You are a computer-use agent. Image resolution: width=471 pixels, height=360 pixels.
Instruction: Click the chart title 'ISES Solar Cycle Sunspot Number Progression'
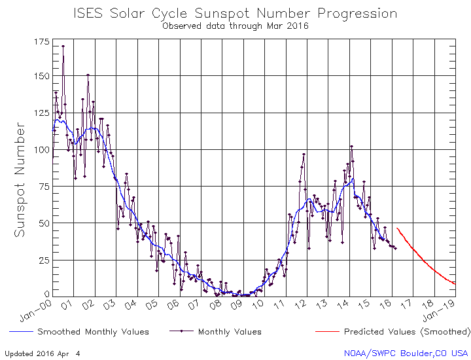(x=235, y=13)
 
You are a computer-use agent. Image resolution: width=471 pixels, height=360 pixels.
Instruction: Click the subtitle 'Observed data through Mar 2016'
(x=235, y=26)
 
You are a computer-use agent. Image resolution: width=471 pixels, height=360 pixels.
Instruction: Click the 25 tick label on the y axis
(x=43, y=260)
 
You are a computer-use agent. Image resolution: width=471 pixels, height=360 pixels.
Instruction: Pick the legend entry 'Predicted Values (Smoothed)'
(x=406, y=332)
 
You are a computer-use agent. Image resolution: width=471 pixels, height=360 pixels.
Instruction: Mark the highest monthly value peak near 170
(x=63, y=46)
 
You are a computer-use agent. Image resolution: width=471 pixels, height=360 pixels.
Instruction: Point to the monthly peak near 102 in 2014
(x=351, y=147)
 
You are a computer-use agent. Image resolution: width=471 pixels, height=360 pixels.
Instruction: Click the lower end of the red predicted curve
(x=454, y=283)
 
